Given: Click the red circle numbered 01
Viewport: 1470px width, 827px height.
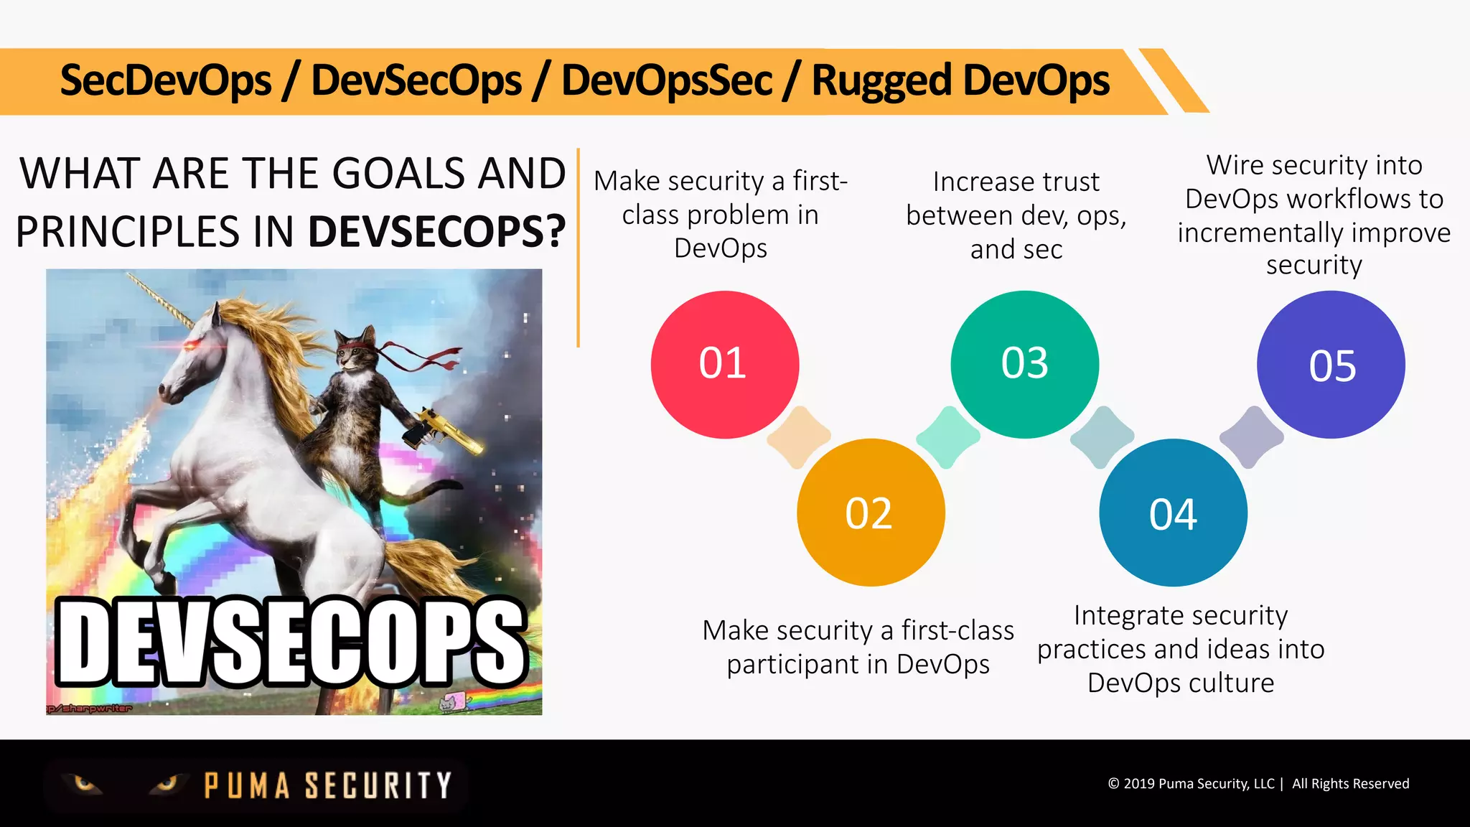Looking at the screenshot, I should click(724, 365).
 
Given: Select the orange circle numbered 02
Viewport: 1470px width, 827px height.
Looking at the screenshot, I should click(870, 513).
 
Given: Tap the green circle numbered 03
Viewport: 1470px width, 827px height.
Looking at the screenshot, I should click(1024, 364).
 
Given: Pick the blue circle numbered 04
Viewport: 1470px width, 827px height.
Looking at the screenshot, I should click(1173, 513).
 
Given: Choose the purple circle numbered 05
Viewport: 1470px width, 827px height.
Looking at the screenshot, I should click(1331, 365).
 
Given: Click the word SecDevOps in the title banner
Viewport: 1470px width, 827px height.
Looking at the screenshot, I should click(166, 80).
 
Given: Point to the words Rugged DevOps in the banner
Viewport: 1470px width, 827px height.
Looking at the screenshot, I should click(960, 80).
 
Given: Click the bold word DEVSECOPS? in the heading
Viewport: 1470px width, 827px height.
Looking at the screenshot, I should click(436, 232).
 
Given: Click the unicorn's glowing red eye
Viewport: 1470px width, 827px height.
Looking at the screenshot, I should click(192, 347).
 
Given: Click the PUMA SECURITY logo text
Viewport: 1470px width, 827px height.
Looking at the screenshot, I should click(327, 785).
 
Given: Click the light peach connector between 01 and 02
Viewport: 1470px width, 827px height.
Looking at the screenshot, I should click(798, 437).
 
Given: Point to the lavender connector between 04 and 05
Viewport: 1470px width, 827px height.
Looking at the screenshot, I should click(1251, 437).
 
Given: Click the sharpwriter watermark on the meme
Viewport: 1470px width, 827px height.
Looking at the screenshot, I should click(90, 709).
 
